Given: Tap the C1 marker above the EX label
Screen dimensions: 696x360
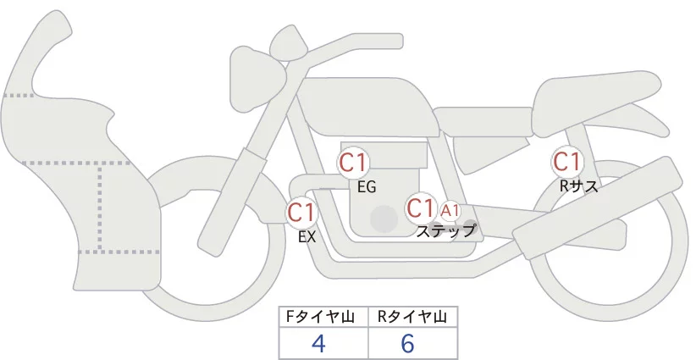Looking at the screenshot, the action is [x=301, y=212].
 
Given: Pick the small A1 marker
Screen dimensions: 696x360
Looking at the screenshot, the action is [x=450, y=210].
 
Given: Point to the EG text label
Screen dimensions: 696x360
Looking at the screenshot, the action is [x=367, y=187].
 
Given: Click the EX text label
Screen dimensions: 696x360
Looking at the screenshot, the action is [x=307, y=237].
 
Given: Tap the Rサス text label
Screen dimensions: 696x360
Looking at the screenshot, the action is [x=579, y=186].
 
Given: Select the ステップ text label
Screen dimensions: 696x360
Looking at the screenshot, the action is [x=446, y=230].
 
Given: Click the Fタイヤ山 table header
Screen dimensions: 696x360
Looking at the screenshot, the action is [x=323, y=316].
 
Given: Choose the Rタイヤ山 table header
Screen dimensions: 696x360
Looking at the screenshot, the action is [x=413, y=316].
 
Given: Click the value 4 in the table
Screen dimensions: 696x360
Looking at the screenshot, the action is [x=318, y=343].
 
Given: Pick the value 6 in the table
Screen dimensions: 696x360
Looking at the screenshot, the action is [x=408, y=343].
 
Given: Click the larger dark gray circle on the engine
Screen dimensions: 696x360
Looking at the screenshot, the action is [x=384, y=219].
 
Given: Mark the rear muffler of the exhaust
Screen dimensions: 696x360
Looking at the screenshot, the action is [x=597, y=203].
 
